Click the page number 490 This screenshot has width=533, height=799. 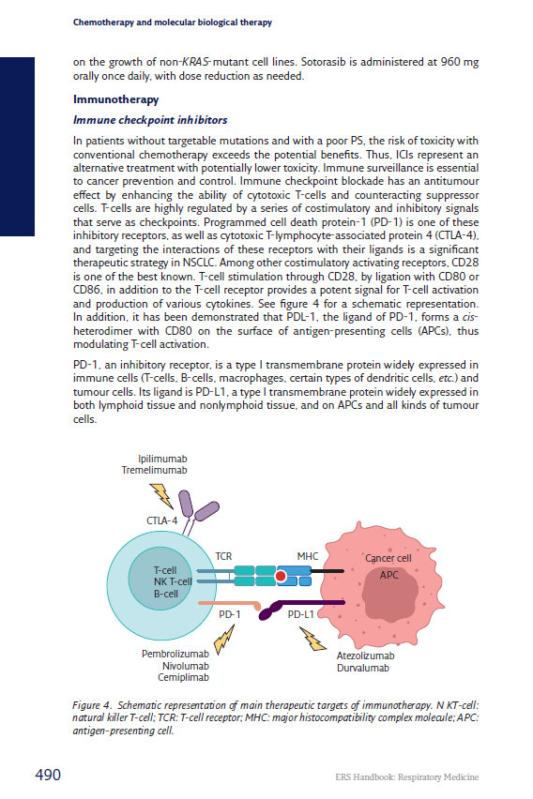click(48, 775)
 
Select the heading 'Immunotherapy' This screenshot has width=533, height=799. click(115, 98)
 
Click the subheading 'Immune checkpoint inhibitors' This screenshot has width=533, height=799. click(150, 120)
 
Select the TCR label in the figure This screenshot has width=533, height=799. click(223, 556)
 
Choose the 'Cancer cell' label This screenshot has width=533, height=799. click(388, 558)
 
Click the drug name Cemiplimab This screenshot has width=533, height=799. click(183, 677)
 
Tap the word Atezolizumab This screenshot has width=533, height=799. click(365, 656)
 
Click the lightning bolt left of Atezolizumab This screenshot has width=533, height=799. click(313, 640)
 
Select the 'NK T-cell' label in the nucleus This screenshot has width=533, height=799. click(172, 581)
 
